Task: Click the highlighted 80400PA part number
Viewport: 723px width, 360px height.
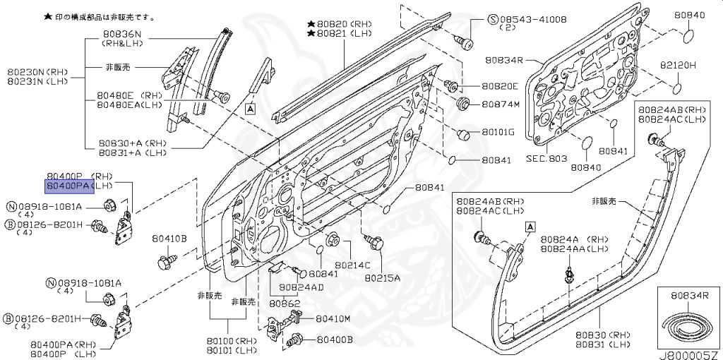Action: pyautogui.click(x=68, y=186)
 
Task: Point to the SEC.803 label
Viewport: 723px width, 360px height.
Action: pyautogui.click(x=546, y=158)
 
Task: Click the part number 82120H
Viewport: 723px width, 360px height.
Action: pyautogui.click(x=678, y=65)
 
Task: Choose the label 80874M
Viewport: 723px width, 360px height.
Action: pyautogui.click(x=500, y=105)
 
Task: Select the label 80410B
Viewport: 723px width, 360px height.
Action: pyautogui.click(x=169, y=239)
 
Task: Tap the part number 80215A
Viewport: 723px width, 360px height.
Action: pyautogui.click(x=382, y=277)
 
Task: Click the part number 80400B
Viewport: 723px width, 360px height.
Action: pyautogui.click(x=334, y=340)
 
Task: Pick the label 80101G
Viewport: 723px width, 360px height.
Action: pyautogui.click(x=498, y=132)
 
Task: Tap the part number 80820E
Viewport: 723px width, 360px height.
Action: pyautogui.click(x=500, y=86)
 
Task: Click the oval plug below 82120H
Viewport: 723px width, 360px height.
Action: pyautogui.click(x=676, y=88)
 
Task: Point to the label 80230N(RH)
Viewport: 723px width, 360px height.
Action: pyautogui.click(x=37, y=71)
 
